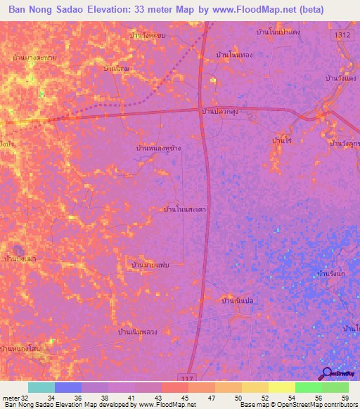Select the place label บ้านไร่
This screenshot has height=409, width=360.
coord(281,141)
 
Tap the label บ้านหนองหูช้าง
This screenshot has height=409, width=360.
coord(162,149)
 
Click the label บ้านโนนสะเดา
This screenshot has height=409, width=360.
coord(184,209)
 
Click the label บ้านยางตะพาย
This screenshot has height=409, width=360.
coord(34,57)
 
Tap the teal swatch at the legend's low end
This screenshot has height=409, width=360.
coord(41,387)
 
